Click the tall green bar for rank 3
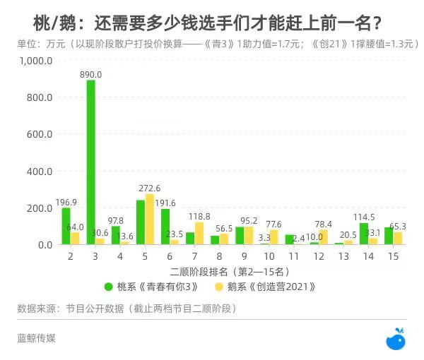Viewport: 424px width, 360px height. click(x=90, y=162)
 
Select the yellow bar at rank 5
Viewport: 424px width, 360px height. click(x=150, y=220)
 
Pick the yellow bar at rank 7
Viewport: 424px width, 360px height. click(x=199, y=234)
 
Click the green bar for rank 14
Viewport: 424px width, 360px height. click(x=364, y=234)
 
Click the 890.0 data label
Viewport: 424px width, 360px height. click(x=90, y=74)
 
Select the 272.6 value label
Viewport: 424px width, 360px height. click(x=149, y=188)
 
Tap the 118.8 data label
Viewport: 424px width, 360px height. click(x=199, y=217)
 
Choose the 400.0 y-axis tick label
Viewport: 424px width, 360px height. click(x=40, y=172)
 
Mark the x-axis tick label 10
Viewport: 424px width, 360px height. click(x=269, y=257)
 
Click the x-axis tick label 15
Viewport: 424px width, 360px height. click(x=392, y=257)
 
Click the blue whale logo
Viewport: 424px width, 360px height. click(x=396, y=340)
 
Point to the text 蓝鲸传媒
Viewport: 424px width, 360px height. click(x=36, y=338)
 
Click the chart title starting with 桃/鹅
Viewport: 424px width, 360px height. click(x=208, y=24)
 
